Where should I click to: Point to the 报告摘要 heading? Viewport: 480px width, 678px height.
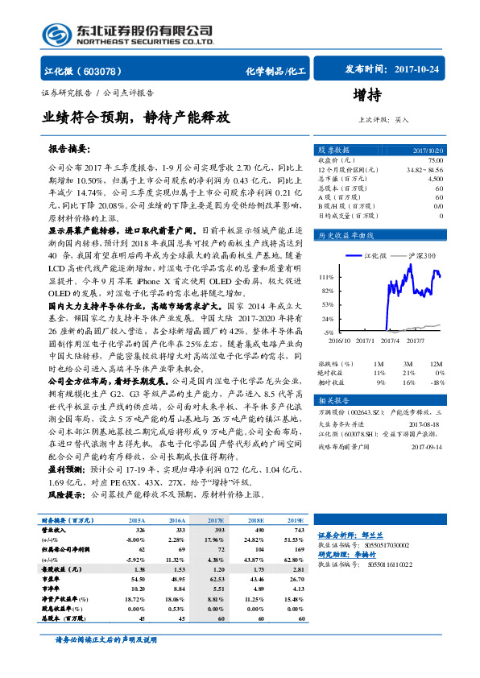pos(70,150)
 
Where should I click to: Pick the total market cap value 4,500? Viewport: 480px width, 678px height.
pos(434,179)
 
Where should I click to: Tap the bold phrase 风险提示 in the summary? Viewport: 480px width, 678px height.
pos(65,494)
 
